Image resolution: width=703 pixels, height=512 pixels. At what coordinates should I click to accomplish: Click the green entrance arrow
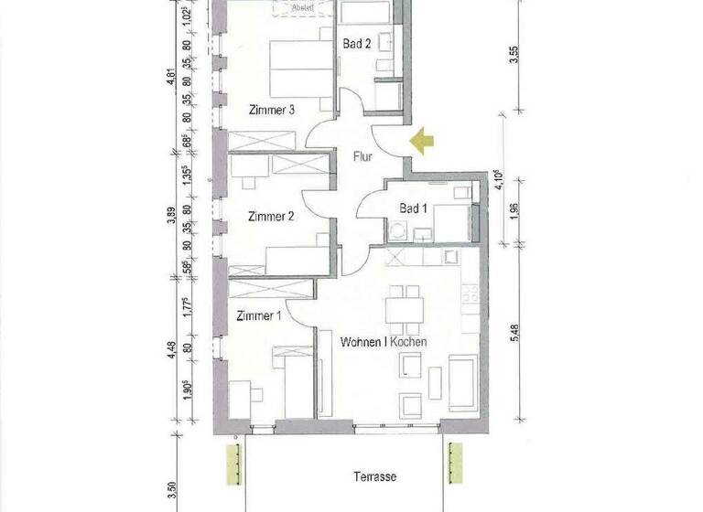point(422,141)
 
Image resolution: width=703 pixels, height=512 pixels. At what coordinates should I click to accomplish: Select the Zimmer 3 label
point(271,110)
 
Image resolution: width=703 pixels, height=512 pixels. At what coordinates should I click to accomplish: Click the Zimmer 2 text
point(271,217)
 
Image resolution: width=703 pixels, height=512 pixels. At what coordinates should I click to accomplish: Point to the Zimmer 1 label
point(258,316)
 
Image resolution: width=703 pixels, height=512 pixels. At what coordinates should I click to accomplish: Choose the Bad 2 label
point(357,43)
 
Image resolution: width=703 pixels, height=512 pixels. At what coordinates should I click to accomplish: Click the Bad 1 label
point(413,208)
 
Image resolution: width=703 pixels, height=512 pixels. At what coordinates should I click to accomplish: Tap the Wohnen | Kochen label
point(384,342)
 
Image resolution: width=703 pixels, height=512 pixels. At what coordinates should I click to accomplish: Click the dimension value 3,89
point(169,216)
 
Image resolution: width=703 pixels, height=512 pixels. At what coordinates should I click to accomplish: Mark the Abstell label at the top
point(301,7)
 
